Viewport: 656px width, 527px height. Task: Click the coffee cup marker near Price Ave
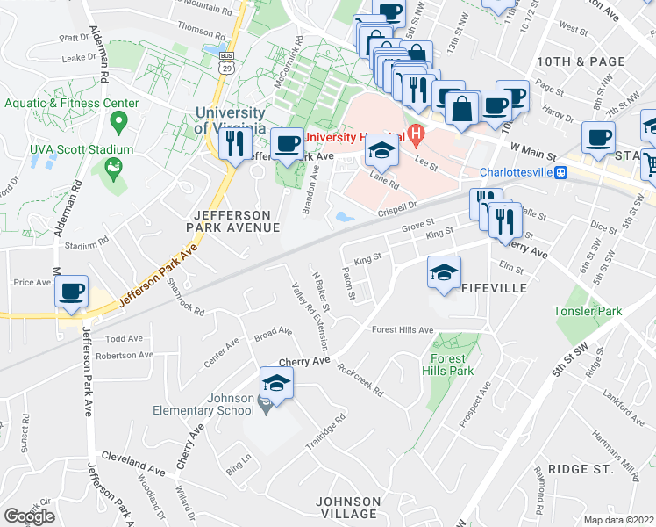(71, 291)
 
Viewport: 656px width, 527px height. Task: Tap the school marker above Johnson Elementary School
(276, 383)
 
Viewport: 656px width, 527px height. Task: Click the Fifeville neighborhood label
(494, 288)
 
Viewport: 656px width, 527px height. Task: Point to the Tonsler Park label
(587, 311)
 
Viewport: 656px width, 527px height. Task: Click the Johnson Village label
(348, 508)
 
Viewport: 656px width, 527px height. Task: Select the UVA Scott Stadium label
(82, 150)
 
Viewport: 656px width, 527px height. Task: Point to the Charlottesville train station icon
(560, 172)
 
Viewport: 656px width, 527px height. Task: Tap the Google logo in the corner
(29, 516)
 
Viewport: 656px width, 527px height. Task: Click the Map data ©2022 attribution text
(617, 520)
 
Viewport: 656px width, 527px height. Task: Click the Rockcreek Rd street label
(360, 380)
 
